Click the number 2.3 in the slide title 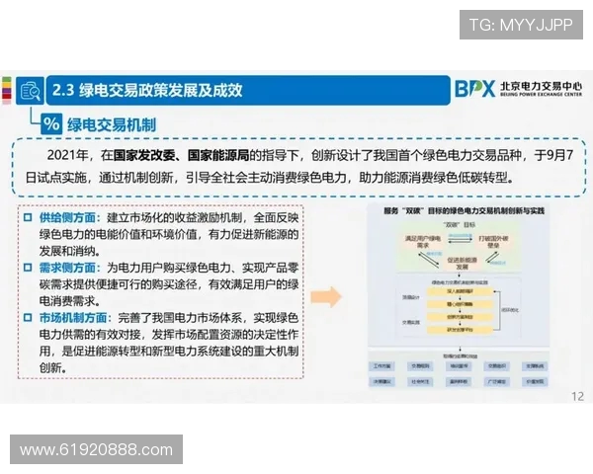pos(65,90)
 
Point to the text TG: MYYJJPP pos(521,25)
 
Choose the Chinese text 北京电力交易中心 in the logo pos(542,86)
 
